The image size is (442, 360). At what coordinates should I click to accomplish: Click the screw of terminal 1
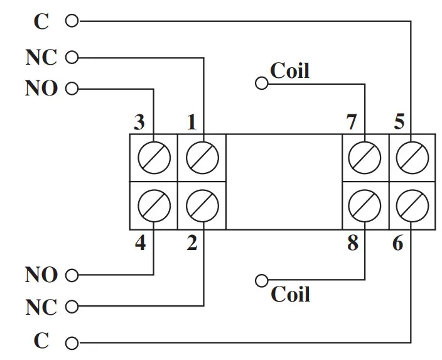203,157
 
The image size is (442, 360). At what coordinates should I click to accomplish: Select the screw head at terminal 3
154,157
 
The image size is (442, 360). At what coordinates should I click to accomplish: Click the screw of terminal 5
412,157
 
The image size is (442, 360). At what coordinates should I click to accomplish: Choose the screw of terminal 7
365,157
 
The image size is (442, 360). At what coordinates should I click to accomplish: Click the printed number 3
140,122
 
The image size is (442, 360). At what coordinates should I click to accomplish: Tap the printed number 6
398,243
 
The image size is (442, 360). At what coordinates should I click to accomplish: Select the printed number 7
352,122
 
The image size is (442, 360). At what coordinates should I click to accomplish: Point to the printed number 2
191,243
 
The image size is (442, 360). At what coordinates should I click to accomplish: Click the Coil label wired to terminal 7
289,70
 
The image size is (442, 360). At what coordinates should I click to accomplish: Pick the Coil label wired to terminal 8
290,294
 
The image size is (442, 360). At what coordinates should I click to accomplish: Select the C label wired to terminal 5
41,21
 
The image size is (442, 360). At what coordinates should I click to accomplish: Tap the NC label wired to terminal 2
41,308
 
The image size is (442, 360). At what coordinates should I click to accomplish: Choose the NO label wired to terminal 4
41,275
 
